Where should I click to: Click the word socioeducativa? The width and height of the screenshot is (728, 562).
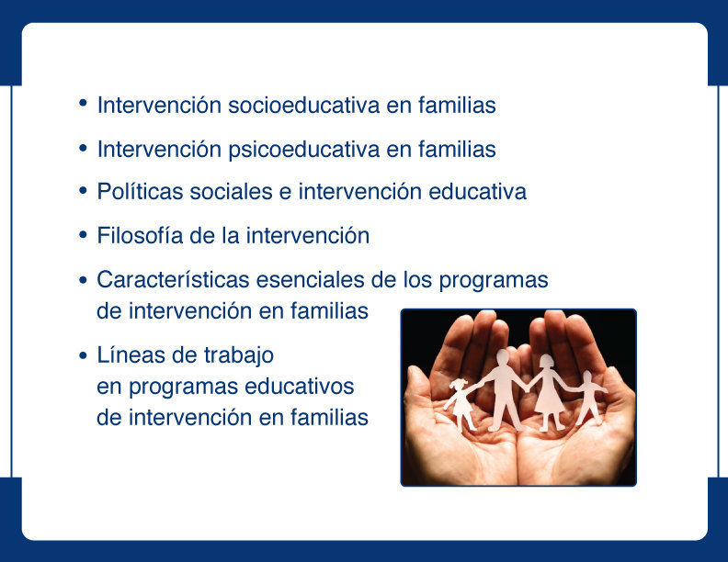tap(303, 106)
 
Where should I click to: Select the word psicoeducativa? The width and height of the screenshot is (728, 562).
tap(303, 151)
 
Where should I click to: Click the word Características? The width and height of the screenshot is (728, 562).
tap(173, 279)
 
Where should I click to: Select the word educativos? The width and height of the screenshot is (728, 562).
tap(299, 387)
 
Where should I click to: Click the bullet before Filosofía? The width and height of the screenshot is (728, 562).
tap(83, 235)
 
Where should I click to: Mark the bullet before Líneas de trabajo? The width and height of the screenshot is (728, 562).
tap(83, 355)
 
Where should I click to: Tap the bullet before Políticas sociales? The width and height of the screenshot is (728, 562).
tap(83, 191)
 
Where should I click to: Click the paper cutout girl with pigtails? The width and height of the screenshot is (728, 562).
tap(461, 402)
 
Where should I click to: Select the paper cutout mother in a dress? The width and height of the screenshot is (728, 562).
tap(549, 393)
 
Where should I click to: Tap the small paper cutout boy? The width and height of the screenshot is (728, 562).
tap(587, 398)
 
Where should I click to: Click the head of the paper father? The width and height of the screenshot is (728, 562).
tap(503, 358)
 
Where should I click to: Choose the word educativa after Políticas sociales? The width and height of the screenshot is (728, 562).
tap(477, 192)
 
